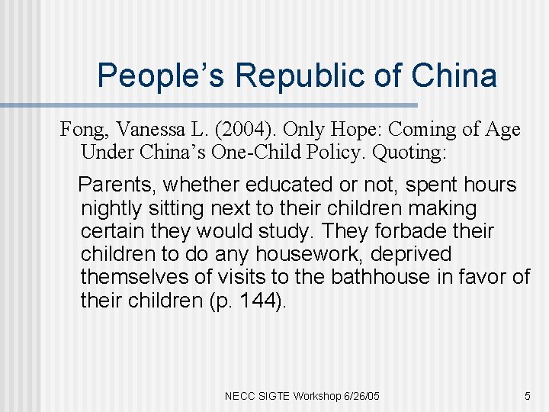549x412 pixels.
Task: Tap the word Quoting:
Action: coord(408,153)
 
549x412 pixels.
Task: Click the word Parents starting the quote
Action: coord(117,185)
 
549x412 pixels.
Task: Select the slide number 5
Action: coord(527,396)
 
